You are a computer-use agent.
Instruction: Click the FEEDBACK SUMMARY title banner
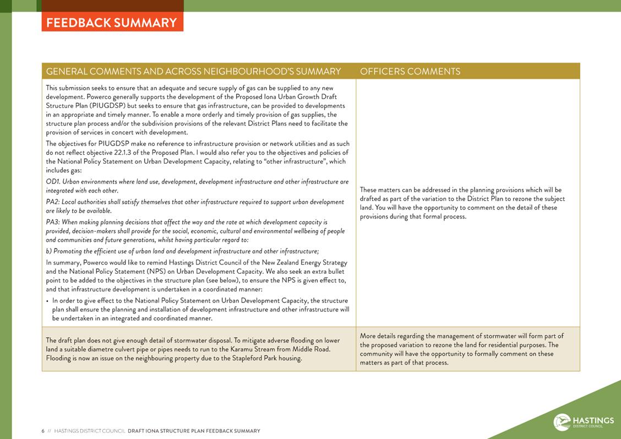click(112, 23)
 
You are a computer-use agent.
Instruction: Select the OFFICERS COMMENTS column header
click(410, 72)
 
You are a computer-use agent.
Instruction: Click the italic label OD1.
click(53, 182)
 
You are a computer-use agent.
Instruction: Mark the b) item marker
click(49, 251)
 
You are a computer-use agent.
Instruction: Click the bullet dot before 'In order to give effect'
click(47, 301)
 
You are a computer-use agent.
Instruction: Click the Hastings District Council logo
click(584, 422)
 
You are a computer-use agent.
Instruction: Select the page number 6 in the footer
click(43, 431)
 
